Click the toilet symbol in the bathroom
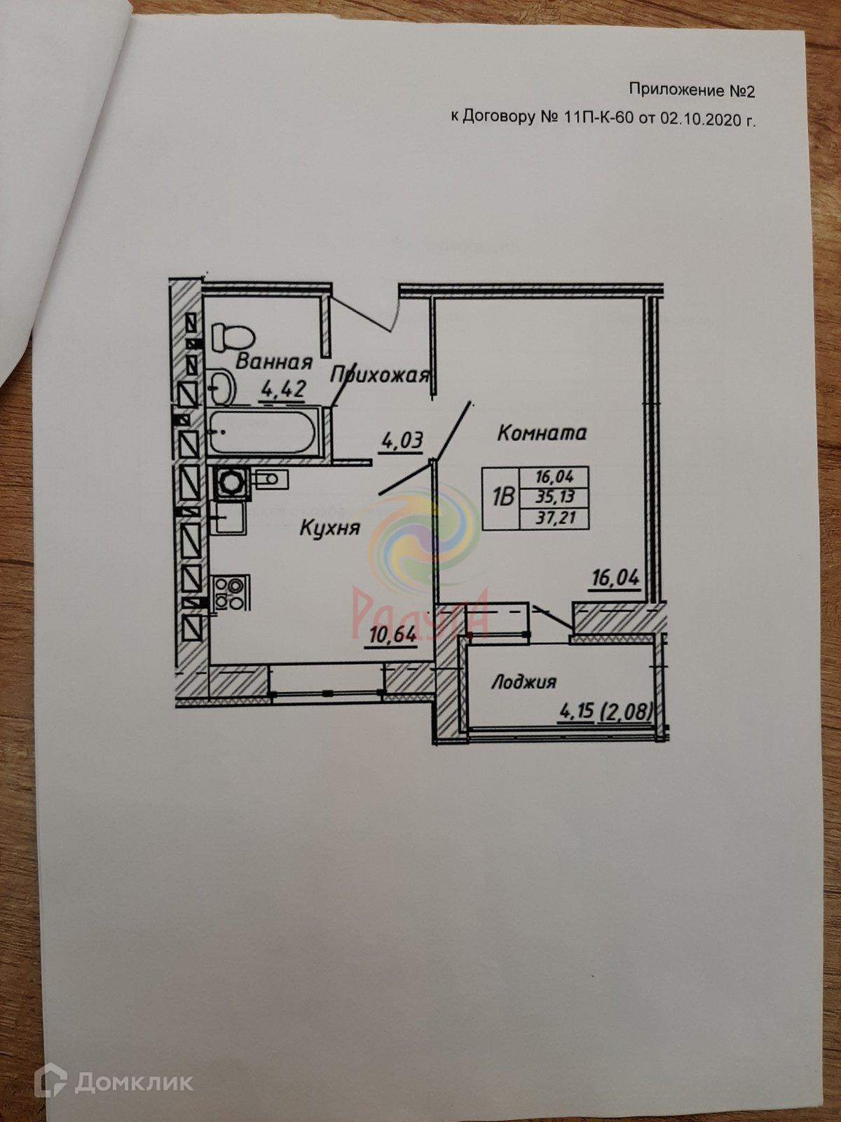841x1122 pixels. [230, 337]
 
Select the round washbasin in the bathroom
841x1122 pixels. [221, 385]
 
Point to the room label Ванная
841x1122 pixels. [273, 362]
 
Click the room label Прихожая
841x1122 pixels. [379, 375]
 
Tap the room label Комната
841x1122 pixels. [541, 433]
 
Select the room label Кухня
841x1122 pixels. [329, 527]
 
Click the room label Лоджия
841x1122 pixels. [523, 682]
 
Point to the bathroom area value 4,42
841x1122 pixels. [282, 389]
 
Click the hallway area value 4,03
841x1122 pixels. [402, 442]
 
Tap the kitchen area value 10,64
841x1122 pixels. [392, 635]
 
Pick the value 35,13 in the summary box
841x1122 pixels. [551, 497]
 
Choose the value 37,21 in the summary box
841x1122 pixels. [551, 518]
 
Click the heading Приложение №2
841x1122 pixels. [692, 90]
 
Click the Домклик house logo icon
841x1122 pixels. [54, 1081]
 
